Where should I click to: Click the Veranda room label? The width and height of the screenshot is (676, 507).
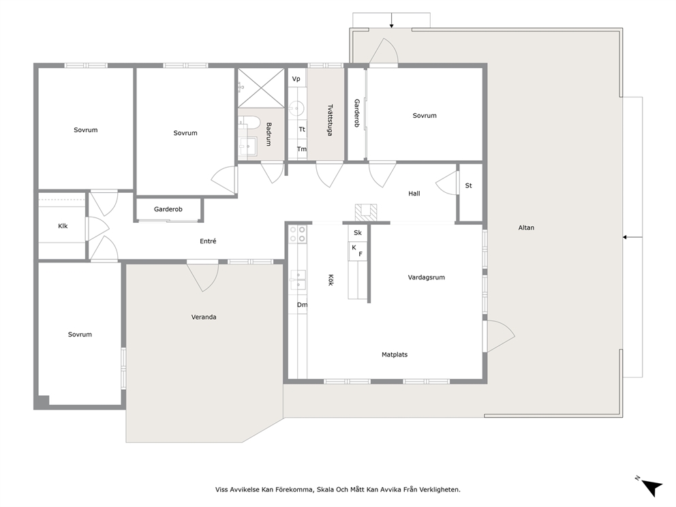tap(204, 317)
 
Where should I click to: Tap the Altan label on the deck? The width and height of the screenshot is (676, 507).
tap(526, 228)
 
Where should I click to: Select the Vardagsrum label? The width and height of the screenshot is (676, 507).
tap(427, 277)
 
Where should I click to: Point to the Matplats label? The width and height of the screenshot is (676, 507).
tap(395, 355)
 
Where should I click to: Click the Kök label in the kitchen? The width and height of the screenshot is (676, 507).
tap(331, 280)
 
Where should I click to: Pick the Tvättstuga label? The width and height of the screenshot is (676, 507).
tap(330, 120)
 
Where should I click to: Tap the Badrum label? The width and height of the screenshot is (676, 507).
tap(268, 134)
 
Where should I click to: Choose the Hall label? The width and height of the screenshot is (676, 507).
tap(414, 194)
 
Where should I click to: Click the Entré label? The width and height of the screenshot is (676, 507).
tap(208, 241)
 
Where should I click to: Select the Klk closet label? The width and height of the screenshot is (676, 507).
tap(63, 226)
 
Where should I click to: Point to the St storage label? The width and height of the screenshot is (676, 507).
tap(469, 185)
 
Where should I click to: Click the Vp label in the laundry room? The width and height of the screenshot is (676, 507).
tap(296, 79)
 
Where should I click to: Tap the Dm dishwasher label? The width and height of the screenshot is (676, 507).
tap(302, 305)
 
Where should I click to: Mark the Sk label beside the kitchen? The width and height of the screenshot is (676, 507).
tap(358, 233)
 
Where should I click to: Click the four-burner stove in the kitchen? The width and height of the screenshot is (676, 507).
tap(298, 234)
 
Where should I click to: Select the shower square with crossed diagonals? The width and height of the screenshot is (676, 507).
tap(261, 88)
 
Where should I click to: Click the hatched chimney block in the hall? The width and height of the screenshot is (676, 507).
tap(366, 213)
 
